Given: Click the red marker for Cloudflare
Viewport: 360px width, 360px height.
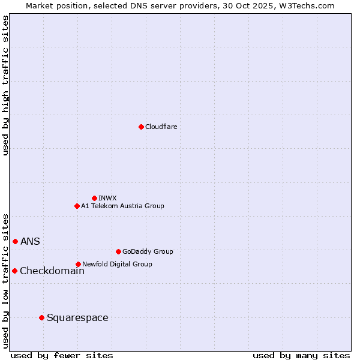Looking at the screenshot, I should pyautogui.click(x=141, y=127).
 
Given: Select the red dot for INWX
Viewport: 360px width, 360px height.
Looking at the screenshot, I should pyautogui.click(x=94, y=198).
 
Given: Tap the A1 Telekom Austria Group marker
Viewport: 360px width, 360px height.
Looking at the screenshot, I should pyautogui.click(x=77, y=206).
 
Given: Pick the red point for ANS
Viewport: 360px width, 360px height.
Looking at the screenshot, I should pyautogui.click(x=15, y=241).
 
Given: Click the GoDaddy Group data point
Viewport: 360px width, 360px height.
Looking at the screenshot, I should pyautogui.click(x=118, y=251).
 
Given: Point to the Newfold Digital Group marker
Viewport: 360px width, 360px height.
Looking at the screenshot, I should pyautogui.click(x=78, y=264).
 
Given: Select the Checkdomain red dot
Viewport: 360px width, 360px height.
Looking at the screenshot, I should pyautogui.click(x=14, y=271).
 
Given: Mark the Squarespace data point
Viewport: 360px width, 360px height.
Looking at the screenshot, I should pyautogui.click(x=41, y=317).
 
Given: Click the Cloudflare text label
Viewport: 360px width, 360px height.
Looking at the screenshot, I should pyautogui.click(x=161, y=127).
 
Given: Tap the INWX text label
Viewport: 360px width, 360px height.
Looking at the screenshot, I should pyautogui.click(x=107, y=198).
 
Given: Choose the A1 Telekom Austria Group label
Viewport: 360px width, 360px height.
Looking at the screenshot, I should pyautogui.click(x=122, y=206).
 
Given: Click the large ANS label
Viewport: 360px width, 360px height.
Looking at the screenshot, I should pyautogui.click(x=30, y=241).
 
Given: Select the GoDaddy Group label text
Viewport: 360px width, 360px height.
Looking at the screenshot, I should pyautogui.click(x=148, y=251).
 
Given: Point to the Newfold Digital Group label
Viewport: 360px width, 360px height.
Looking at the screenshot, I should pyautogui.click(x=117, y=264).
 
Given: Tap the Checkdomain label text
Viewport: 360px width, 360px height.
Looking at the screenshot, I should pyautogui.click(x=52, y=271).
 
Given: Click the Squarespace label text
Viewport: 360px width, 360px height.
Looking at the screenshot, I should pyautogui.click(x=77, y=317).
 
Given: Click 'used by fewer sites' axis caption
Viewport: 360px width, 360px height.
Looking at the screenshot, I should pyautogui.click(x=62, y=355).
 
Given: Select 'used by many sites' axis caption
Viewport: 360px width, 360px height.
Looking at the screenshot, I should pyautogui.click(x=301, y=355).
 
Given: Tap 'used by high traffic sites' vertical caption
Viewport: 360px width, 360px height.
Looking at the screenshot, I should pyautogui.click(x=6, y=85).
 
